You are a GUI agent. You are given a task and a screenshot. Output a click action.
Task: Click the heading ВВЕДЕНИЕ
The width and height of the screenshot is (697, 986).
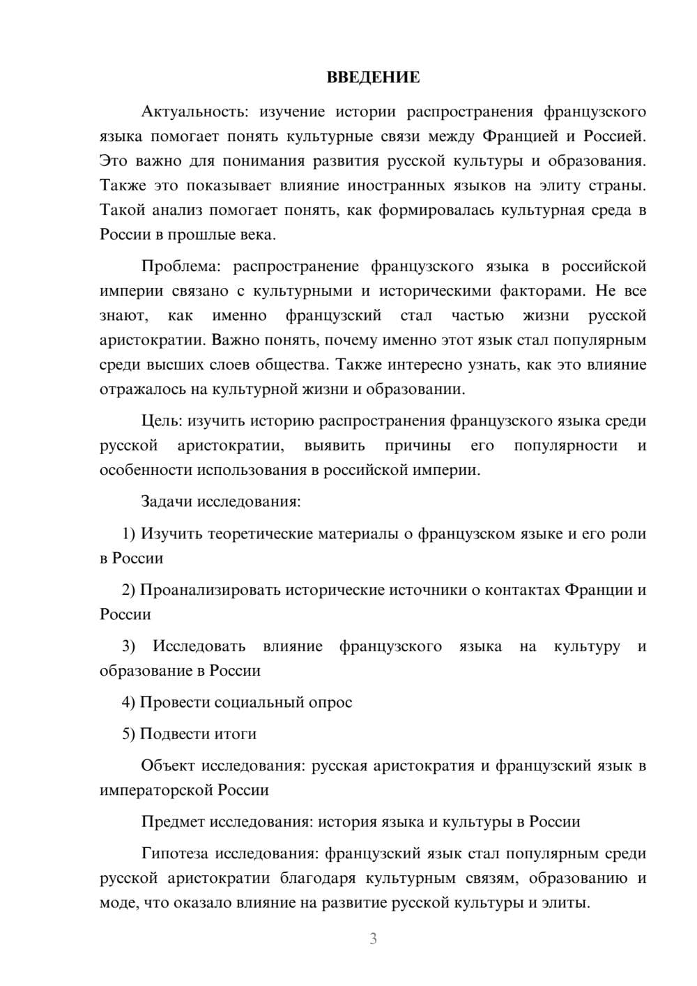pyautogui.click(x=373, y=77)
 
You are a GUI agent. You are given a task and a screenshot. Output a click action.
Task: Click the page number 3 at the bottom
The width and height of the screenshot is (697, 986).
pyautogui.click(x=373, y=939)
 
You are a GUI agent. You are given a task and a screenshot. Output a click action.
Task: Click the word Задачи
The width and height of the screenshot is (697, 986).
pyautogui.click(x=167, y=501)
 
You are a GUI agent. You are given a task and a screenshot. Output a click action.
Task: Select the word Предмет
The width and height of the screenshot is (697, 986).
pyautogui.click(x=173, y=821)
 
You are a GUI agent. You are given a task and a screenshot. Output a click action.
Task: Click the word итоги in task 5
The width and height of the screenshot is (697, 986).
pyautogui.click(x=238, y=734)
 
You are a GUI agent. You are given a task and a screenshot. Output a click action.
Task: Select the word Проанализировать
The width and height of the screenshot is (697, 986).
pyautogui.click(x=209, y=590)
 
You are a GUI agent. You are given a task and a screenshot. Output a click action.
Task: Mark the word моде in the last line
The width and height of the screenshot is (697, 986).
pyautogui.click(x=115, y=903)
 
